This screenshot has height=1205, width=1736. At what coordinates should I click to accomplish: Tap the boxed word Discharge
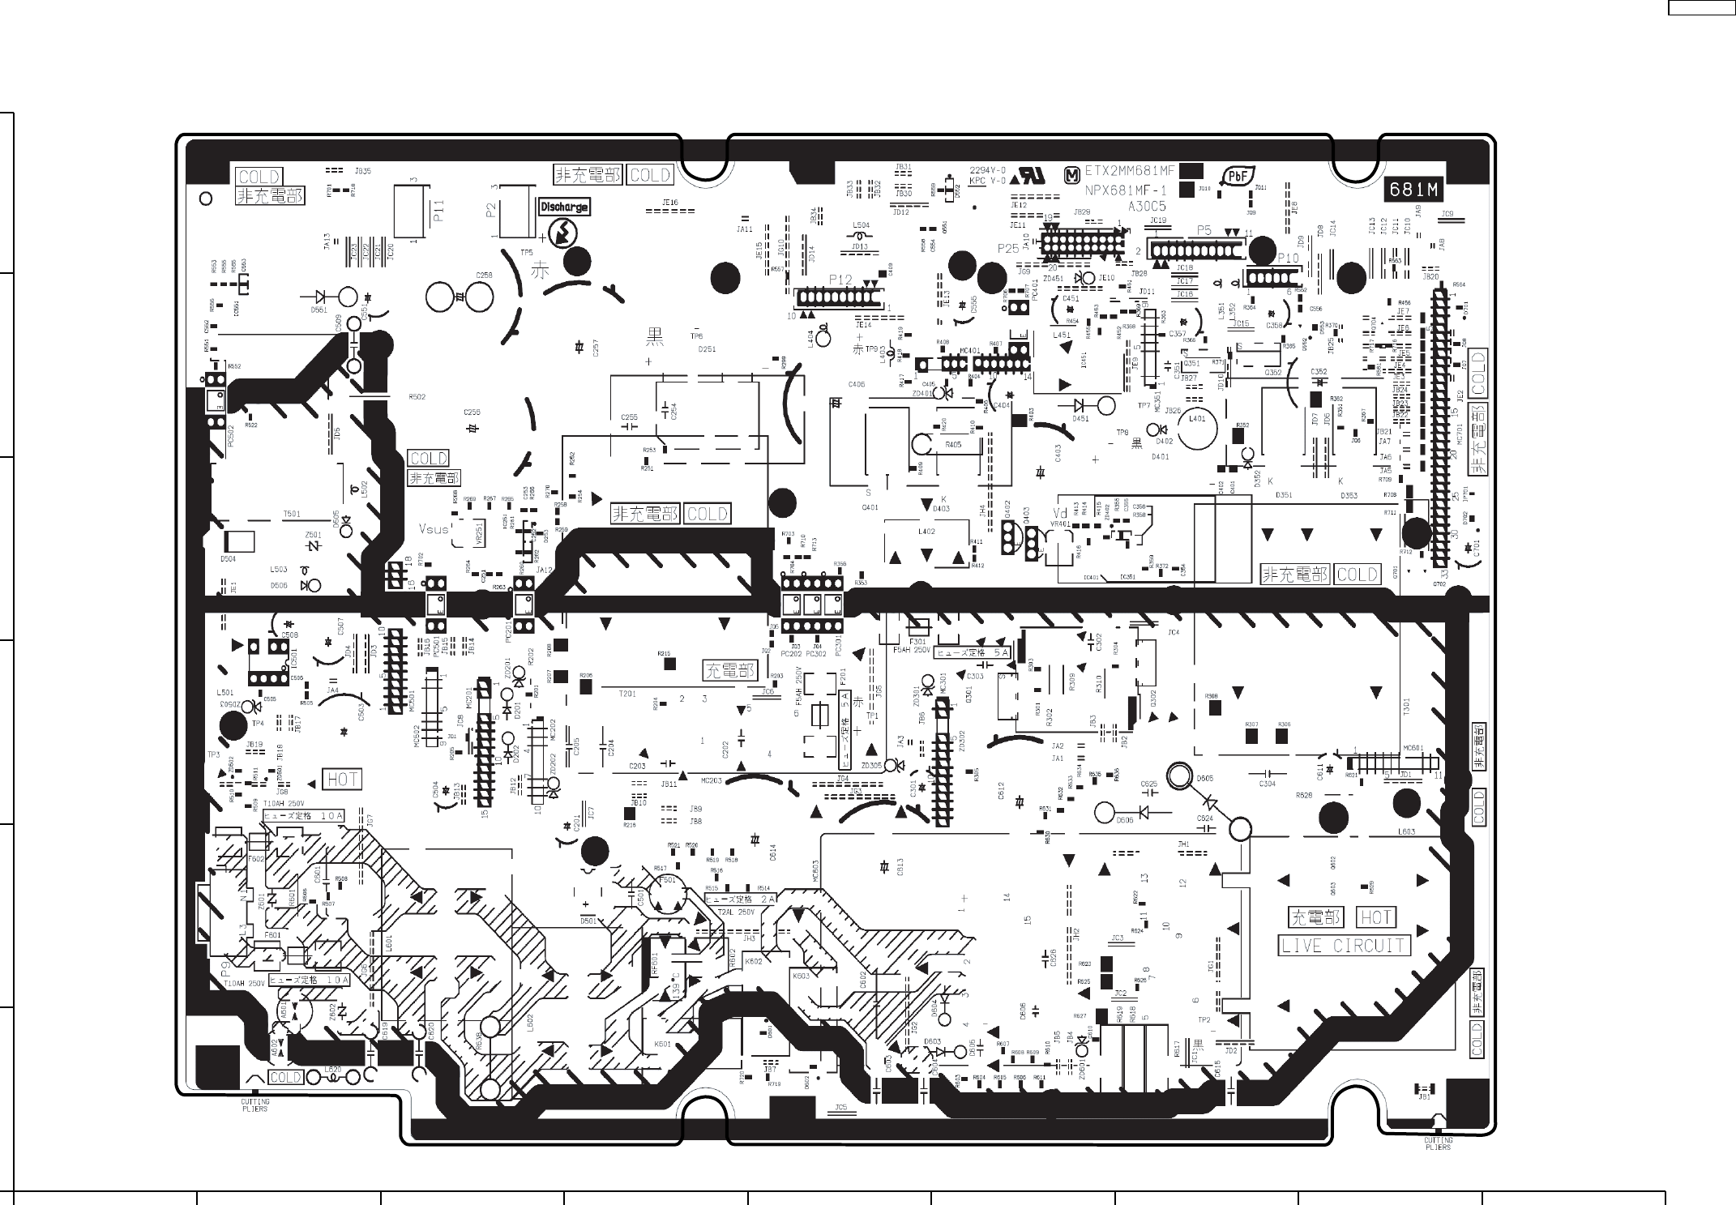coord(564,207)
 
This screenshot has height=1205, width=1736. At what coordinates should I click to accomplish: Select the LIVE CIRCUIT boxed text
coord(1345,946)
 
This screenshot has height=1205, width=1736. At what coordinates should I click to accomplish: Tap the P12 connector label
coord(840,280)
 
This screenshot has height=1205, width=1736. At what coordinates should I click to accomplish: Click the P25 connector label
coord(1008,248)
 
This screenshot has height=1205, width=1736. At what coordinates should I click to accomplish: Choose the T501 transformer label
coord(292,515)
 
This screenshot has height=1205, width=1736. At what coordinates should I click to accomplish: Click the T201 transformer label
coord(626,694)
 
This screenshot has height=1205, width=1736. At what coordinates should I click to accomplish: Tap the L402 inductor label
coord(926,532)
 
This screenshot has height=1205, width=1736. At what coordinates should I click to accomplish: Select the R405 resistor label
coord(953,445)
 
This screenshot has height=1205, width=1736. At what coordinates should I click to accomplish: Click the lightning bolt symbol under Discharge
coord(560,233)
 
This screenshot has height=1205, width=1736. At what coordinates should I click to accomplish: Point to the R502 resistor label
coord(417,397)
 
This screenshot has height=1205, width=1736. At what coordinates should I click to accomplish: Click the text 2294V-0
coord(988,170)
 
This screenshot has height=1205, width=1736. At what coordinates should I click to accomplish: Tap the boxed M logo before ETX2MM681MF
coord(1072,173)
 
